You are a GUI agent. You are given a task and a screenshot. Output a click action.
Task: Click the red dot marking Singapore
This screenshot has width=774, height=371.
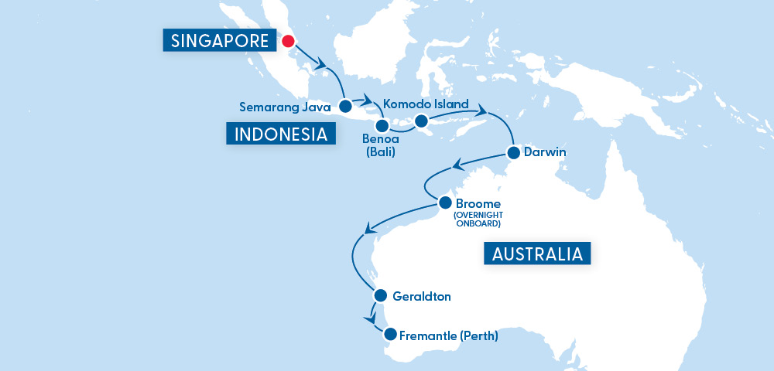[289, 42]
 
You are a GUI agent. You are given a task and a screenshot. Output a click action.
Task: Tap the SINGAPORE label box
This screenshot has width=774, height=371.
[218, 40]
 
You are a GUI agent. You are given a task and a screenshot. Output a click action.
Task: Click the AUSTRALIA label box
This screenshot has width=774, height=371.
[537, 254]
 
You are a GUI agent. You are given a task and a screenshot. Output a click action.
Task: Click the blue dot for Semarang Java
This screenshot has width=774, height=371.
[345, 107]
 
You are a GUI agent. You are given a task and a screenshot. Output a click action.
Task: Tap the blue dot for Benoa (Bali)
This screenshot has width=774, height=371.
[381, 125]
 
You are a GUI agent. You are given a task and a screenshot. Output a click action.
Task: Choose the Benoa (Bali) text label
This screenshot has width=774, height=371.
[379, 145]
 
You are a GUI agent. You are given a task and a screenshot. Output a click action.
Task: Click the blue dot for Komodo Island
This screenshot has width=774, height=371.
[421, 121]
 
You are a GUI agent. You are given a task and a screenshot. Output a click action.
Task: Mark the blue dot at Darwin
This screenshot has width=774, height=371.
[512, 152]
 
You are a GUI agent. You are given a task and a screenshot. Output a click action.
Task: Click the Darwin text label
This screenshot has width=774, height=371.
[545, 152]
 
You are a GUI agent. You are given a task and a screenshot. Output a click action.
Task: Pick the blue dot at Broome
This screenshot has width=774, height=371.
[445, 203]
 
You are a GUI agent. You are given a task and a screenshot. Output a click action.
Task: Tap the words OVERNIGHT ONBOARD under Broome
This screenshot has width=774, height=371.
[478, 220]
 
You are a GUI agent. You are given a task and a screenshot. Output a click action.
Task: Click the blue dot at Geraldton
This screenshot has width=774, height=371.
[380, 295]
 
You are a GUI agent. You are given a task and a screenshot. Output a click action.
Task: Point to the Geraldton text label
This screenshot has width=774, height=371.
[422, 296]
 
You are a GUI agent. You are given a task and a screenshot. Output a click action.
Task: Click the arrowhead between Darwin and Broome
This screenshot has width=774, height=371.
[457, 164]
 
